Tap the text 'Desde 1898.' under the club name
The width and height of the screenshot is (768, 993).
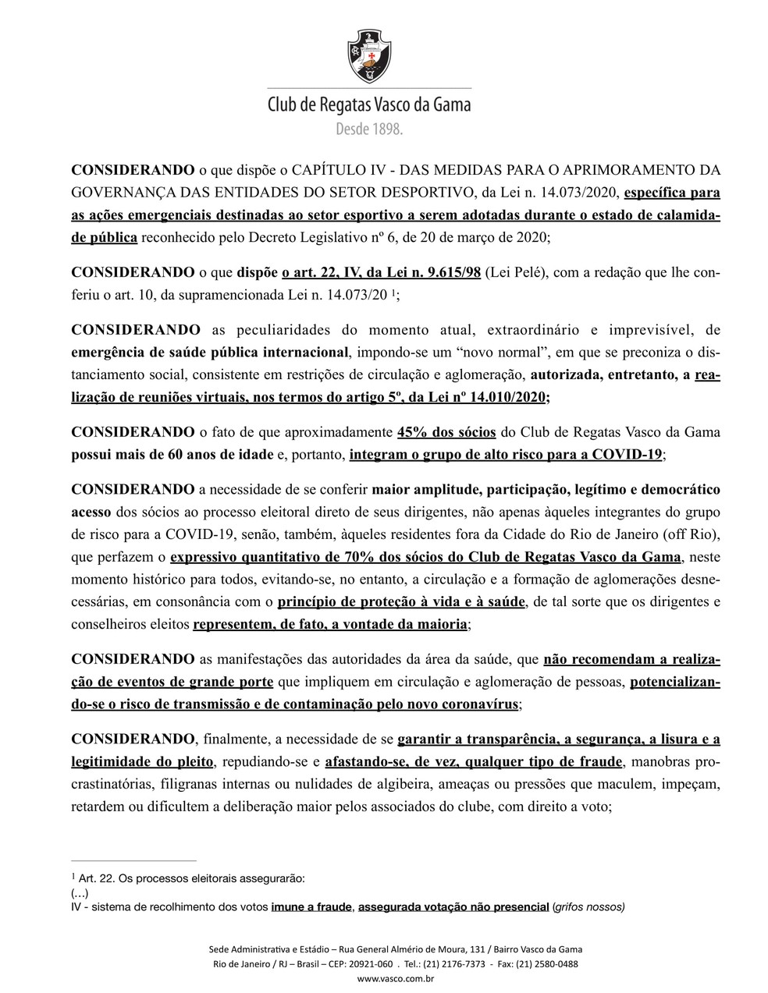pos(369,129)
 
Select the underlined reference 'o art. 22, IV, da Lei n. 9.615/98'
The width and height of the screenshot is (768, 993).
pos(382,272)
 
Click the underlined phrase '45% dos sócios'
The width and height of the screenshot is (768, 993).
pos(442,431)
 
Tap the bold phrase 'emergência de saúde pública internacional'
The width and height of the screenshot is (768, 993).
pos(210,352)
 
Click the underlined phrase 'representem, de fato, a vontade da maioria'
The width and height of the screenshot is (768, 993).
pos(330,625)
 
